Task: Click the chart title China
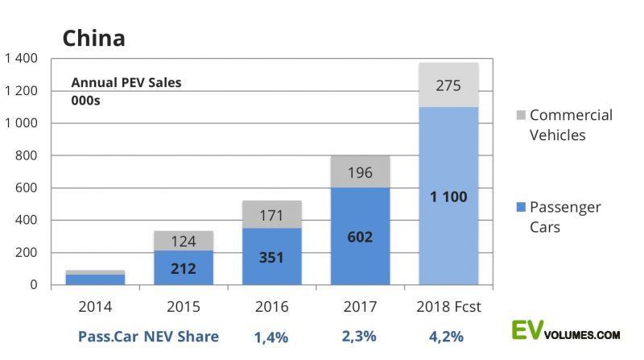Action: click(93, 37)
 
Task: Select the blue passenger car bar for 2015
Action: click(183, 267)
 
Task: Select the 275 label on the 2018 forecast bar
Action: click(448, 85)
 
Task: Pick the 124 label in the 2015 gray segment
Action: click(183, 241)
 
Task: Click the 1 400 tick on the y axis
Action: click(22, 59)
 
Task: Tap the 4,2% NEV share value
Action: click(448, 336)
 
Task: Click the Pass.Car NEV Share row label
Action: click(148, 336)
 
